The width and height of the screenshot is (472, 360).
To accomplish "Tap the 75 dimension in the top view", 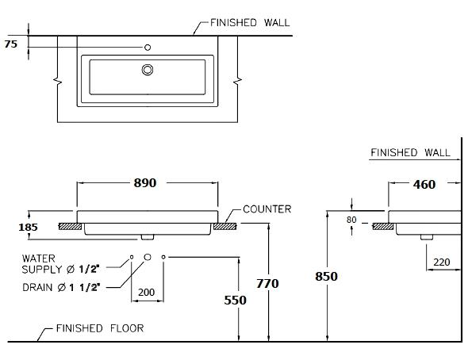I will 10,45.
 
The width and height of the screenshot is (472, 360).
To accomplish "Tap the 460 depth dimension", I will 424,185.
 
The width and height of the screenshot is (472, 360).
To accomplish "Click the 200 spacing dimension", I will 146,293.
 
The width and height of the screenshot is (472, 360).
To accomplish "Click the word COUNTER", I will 267,209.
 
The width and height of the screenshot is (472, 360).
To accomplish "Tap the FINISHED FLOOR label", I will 99,327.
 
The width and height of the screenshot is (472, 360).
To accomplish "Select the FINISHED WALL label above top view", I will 244,23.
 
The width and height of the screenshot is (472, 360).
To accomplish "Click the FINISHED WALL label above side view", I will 410,152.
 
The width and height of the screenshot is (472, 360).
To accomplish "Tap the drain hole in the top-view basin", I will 147,71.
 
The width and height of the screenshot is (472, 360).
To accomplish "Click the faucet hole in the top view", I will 148,48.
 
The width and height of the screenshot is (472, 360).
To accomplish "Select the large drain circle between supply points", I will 147,258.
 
